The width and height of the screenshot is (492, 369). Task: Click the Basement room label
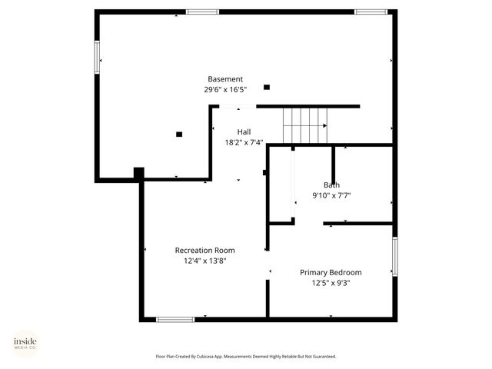pyautogui.click(x=225, y=79)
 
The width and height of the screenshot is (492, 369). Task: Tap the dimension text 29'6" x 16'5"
pyautogui.click(x=225, y=90)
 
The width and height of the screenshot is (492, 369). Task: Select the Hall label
pyautogui.click(x=244, y=131)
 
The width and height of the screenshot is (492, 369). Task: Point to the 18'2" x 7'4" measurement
pyautogui.click(x=244, y=142)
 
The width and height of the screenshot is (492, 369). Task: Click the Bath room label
pyautogui.click(x=331, y=184)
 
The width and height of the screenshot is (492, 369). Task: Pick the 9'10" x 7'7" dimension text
pyautogui.click(x=331, y=195)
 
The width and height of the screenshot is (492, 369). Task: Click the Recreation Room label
pyautogui.click(x=204, y=250)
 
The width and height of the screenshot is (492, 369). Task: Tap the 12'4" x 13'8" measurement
pyautogui.click(x=204, y=261)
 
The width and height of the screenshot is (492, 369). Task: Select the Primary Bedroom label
pyautogui.click(x=331, y=272)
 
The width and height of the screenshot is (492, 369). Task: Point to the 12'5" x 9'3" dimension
pyautogui.click(x=331, y=283)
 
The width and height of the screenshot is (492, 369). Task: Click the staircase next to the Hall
pyautogui.click(x=305, y=125)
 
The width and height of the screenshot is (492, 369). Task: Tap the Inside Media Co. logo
pyautogui.click(x=25, y=343)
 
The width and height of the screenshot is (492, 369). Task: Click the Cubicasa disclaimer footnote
pyautogui.click(x=246, y=357)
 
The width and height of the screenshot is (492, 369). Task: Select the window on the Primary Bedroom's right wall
pyautogui.click(x=394, y=256)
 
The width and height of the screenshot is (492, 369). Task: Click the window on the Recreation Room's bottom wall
pyautogui.click(x=175, y=318)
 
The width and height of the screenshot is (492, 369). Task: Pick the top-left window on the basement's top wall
pyautogui.click(x=202, y=12)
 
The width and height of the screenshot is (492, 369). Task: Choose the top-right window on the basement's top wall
pyautogui.click(x=371, y=12)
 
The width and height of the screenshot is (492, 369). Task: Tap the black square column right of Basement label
pyautogui.click(x=267, y=87)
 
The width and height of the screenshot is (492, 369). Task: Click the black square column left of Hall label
pyautogui.click(x=179, y=134)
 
